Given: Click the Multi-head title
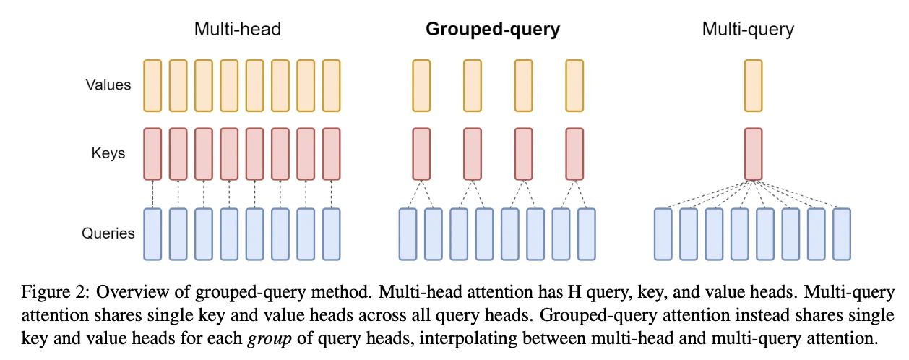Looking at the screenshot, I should click(237, 30).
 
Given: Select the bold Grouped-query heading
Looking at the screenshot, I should click(493, 30).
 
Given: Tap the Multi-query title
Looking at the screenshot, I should click(748, 30).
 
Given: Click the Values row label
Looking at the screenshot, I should click(108, 85).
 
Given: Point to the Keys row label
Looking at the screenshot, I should click(108, 153).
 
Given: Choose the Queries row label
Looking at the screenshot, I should click(108, 233).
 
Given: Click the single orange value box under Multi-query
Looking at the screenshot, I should click(753, 86).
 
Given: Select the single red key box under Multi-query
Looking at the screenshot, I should click(753, 154).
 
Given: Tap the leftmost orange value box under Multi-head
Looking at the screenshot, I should click(152, 86).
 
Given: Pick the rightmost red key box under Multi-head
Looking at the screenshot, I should click(331, 154).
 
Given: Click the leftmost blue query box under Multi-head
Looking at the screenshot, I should click(152, 234).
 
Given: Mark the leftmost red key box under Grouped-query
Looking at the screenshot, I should click(421, 154).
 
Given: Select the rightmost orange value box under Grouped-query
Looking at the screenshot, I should click(574, 86).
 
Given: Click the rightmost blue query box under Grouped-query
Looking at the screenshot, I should click(587, 234).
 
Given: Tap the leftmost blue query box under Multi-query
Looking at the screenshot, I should click(663, 234).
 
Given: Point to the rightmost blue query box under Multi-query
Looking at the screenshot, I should click(842, 234).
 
